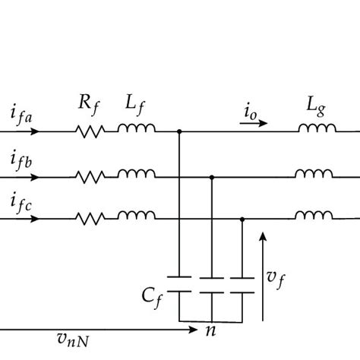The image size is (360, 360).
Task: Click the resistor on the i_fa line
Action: [91, 131]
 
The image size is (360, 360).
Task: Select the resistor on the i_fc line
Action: [91, 219]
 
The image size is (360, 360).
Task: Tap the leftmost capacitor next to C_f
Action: [179, 283]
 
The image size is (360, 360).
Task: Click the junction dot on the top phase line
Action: [179, 131]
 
